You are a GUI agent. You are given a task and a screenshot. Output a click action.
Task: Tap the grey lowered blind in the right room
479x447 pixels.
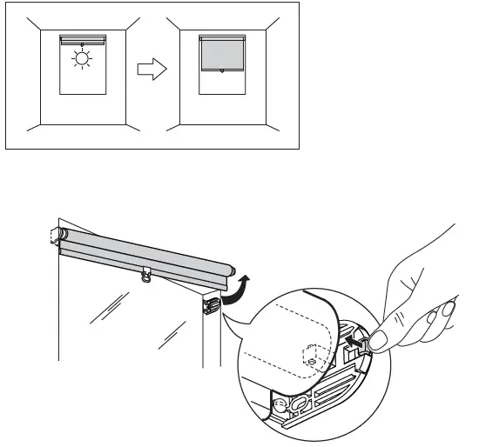[x=223, y=56]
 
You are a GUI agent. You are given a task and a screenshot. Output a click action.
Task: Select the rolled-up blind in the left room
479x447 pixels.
[x=82, y=38]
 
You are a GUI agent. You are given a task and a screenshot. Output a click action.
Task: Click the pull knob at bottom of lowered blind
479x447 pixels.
[x=223, y=73]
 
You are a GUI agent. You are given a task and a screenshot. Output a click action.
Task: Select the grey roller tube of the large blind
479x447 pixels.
[x=144, y=253]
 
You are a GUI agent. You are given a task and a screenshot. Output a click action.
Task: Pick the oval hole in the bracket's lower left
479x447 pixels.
[x=301, y=404]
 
